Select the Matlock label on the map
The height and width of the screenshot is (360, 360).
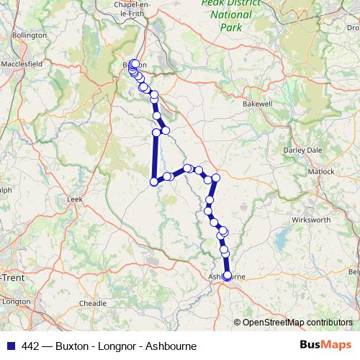pyautogui.click(x=321, y=172)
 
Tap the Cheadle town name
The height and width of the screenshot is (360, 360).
pyautogui.click(x=91, y=303)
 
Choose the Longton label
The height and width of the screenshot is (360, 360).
pyautogui.click(x=15, y=301)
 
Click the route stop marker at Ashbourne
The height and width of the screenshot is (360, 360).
pyautogui.click(x=228, y=275)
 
